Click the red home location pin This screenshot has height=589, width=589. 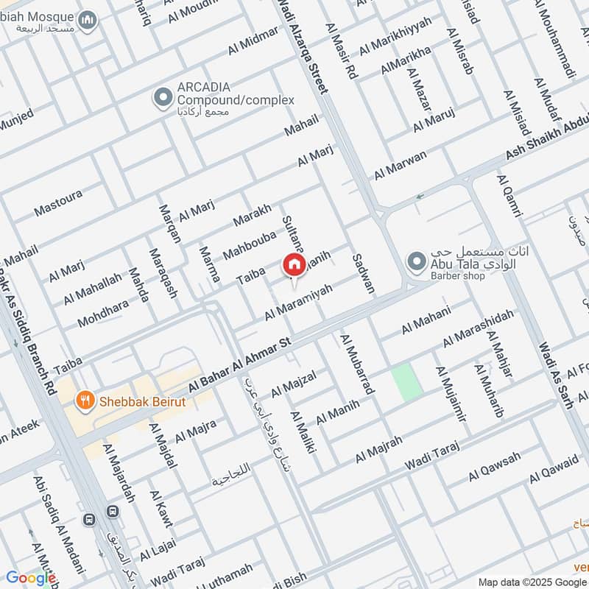coord(294,264)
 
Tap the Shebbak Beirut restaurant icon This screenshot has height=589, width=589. coord(86,401)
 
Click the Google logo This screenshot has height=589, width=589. coord(31,578)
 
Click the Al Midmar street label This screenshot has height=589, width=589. coord(253,40)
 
